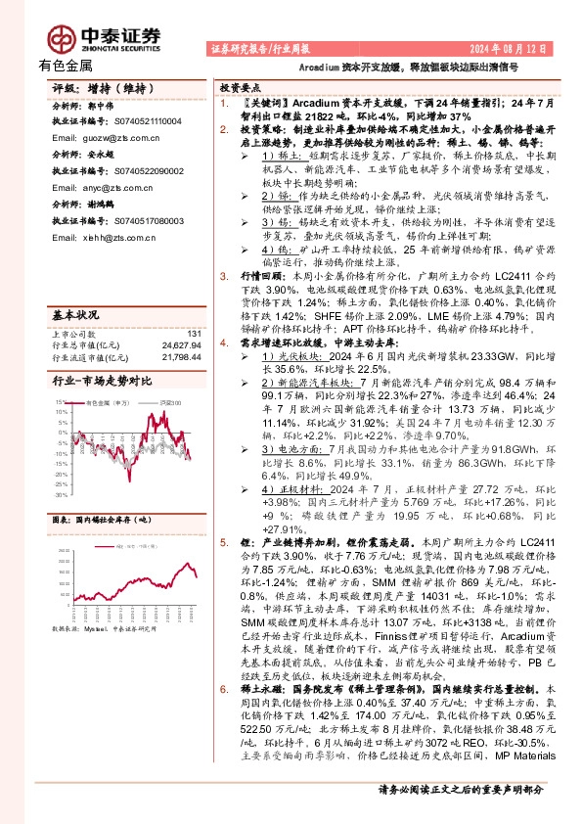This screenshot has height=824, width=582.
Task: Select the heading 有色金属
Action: (66, 67)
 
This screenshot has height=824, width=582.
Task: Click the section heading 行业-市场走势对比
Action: (101, 352)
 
